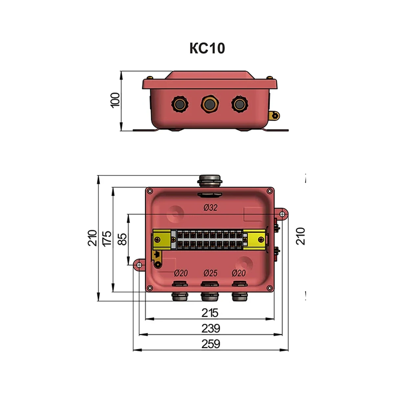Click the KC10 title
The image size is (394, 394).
tap(207, 48)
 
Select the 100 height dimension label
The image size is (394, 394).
tap(115, 100)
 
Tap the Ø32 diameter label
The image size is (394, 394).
tap(210, 208)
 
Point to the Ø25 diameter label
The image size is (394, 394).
tap(210, 273)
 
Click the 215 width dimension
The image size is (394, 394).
tap(210, 313)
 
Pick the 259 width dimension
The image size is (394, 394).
tap(210, 344)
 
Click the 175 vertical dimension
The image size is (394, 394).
tap(107, 239)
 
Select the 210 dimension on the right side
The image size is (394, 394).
tap(300, 236)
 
